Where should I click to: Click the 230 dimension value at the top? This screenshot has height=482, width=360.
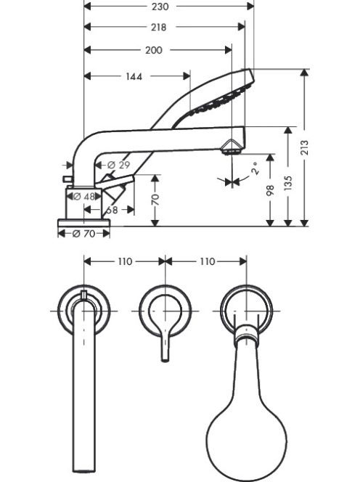160,6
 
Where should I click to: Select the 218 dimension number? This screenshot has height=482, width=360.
159,28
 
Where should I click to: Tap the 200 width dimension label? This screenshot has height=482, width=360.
153,50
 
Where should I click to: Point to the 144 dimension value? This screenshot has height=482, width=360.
134,76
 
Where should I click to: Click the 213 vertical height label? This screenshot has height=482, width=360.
304,147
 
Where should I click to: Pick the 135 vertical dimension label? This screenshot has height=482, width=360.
287,183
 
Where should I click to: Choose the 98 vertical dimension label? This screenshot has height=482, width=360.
270,192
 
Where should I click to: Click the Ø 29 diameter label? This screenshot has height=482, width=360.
119,165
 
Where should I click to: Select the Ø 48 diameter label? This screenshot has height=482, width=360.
84,197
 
